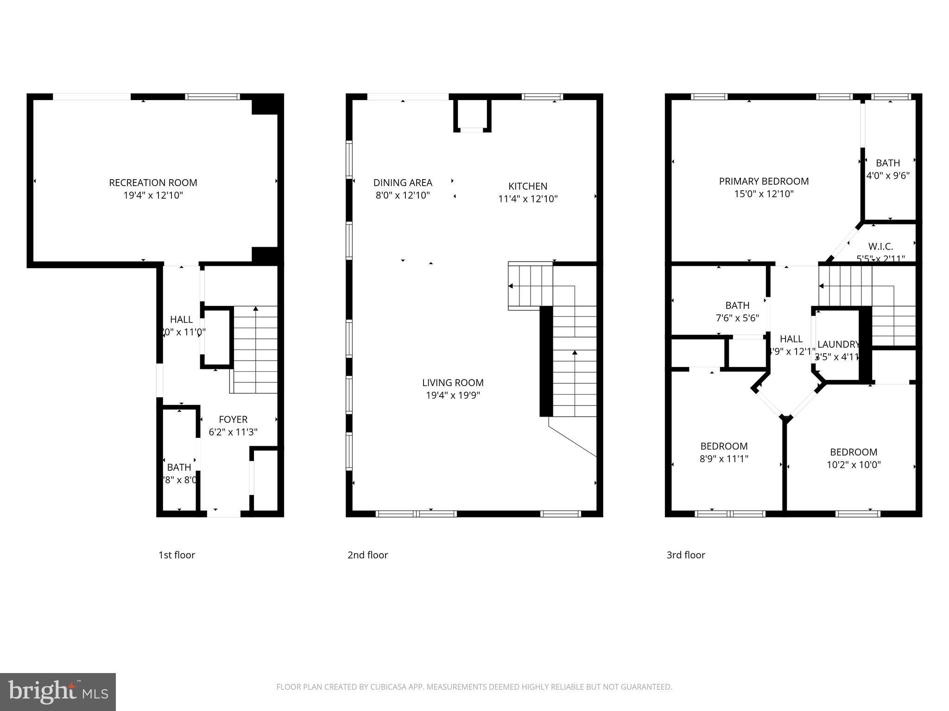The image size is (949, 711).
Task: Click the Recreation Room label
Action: click(153, 183)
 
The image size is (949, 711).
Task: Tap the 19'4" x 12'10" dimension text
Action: click(153, 195)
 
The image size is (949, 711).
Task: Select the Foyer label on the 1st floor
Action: click(233, 419)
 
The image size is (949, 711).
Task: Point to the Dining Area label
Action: click(403, 183)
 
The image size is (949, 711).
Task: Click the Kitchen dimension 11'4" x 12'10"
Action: click(528, 199)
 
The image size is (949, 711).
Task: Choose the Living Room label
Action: click(453, 383)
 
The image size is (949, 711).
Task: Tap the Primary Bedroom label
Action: click(764, 181)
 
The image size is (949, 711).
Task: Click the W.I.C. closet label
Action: click(880, 246)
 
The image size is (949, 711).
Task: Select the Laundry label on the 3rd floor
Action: click(838, 344)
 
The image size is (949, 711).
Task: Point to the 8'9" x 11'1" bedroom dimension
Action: click(724, 459)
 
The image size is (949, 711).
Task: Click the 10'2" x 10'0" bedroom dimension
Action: click(854, 465)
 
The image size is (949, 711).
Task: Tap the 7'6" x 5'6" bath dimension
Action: click(737, 318)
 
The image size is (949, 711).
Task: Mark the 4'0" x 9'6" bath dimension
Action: click(888, 176)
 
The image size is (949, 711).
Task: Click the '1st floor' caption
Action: click(177, 555)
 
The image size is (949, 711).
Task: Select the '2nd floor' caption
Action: click(367, 555)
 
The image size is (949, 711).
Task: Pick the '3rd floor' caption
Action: click(685, 555)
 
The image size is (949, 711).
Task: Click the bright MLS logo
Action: click(58, 692)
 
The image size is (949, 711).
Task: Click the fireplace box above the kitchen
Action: click(472, 115)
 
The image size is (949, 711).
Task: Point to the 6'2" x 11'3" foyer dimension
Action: click(233, 432)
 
